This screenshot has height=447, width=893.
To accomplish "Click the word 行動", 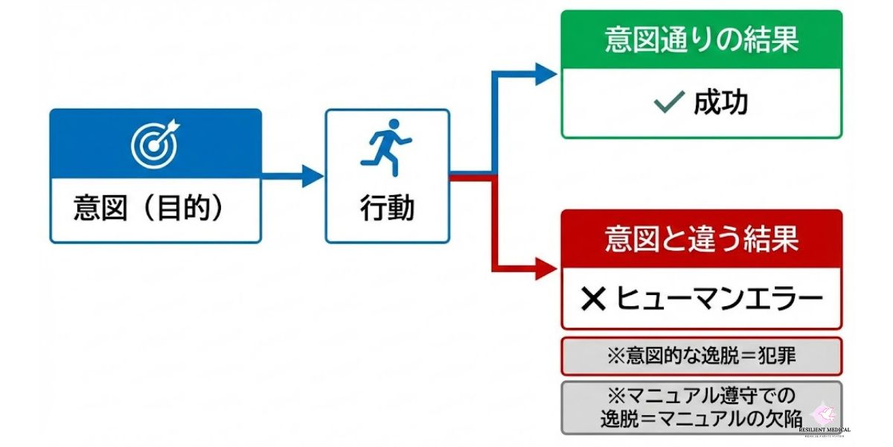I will [x=387, y=208].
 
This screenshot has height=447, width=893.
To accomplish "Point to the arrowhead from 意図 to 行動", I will [x=313, y=177].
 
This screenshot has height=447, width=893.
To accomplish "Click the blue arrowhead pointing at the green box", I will [x=547, y=74].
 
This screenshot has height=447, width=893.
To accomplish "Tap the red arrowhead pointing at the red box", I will [x=547, y=269].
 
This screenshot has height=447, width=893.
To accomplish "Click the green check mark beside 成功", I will [x=668, y=104].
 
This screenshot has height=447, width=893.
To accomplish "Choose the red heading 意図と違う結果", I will [x=701, y=239].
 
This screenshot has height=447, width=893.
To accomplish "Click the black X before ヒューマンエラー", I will [x=594, y=299].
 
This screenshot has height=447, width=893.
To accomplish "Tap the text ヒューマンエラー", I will [x=720, y=299].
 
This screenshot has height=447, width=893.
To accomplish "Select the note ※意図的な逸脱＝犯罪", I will [x=701, y=356].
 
